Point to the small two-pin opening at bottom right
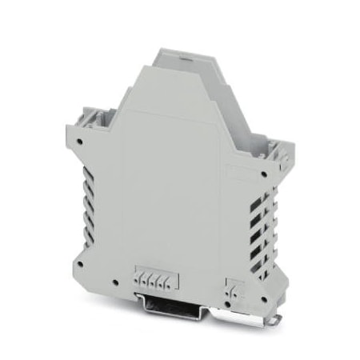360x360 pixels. click(234, 284)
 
